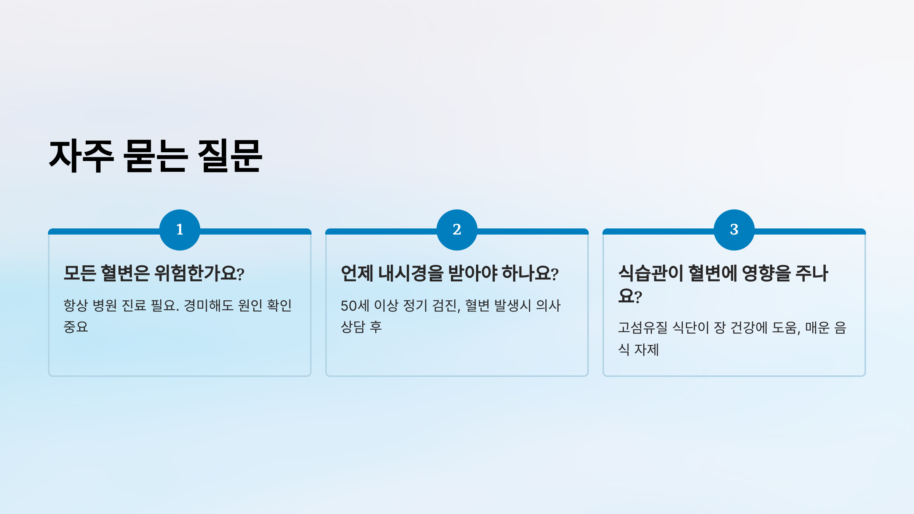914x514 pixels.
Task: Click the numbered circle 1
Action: point(180,230)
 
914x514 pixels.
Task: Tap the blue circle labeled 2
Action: point(457,230)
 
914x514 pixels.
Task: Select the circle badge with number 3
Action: point(734,230)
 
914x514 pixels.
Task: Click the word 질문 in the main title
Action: point(230,156)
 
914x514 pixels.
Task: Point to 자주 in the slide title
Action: point(81,156)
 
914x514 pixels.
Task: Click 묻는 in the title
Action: point(155,156)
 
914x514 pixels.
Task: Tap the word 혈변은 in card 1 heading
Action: point(125,273)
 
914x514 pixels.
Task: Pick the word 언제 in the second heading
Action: point(357,273)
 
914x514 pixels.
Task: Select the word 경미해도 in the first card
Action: point(208,305)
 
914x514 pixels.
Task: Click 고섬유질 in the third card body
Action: point(642,328)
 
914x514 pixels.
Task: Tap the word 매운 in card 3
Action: point(817,328)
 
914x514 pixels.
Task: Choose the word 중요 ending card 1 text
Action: point(76,327)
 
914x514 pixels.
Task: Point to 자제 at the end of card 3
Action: point(646,350)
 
